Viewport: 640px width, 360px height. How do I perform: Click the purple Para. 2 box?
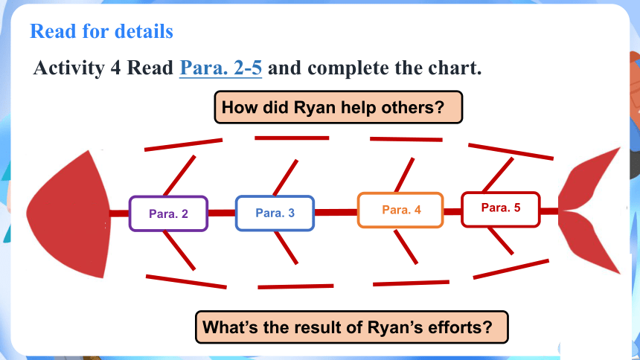(x=169, y=213)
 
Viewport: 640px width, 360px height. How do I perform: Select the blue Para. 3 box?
(x=275, y=213)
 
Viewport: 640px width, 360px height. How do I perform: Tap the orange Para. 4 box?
(x=400, y=210)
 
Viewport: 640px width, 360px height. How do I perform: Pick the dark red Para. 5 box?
(x=501, y=209)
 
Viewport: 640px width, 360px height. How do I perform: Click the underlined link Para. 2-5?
(x=221, y=68)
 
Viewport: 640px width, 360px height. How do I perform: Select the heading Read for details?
(x=102, y=31)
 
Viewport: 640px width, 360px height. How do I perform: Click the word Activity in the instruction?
(x=69, y=68)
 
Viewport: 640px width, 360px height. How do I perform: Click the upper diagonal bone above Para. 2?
(x=179, y=176)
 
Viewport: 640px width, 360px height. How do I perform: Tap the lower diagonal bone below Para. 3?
(x=286, y=248)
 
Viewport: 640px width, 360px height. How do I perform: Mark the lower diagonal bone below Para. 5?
(x=501, y=241)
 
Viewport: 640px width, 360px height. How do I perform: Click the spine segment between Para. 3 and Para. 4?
(x=336, y=212)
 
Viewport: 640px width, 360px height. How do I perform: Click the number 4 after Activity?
(x=115, y=68)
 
